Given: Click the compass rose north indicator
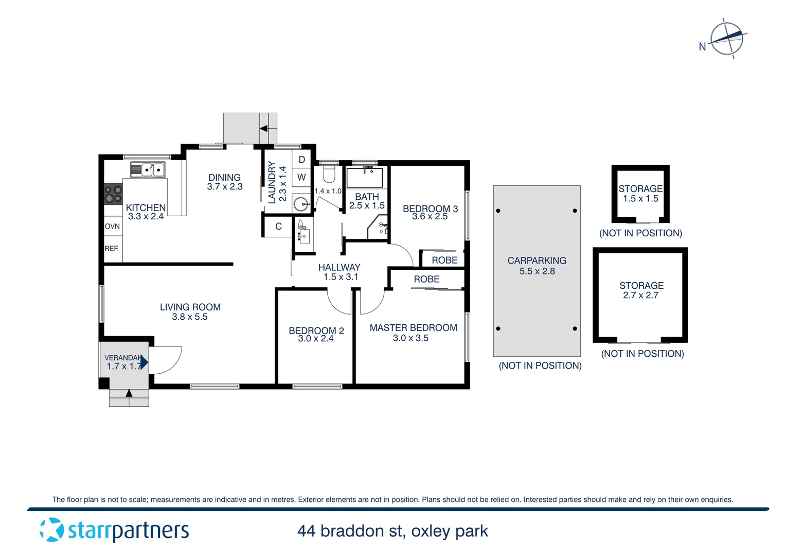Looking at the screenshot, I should point(726,39).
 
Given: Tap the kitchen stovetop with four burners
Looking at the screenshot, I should point(113,194).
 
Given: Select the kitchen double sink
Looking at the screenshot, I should point(148,169).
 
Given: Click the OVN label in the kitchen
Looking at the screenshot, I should point(112,227).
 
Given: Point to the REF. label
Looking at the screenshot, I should point(112,249).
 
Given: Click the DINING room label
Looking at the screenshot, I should point(224,178).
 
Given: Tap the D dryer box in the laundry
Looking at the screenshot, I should point(301,160).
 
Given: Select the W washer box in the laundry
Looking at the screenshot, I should point(301,177).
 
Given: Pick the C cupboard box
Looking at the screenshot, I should point(278,227).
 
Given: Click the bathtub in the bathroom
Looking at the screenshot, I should point(365,178).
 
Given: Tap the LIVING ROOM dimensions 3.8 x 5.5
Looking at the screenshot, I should point(190,317).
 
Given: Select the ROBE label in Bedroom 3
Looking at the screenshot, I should point(444,260).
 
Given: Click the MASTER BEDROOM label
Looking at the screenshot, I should point(413,328).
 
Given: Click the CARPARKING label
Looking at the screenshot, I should point(537,261).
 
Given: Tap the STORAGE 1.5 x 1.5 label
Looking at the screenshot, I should point(640,194).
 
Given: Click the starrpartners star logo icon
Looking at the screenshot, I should point(51,530).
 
